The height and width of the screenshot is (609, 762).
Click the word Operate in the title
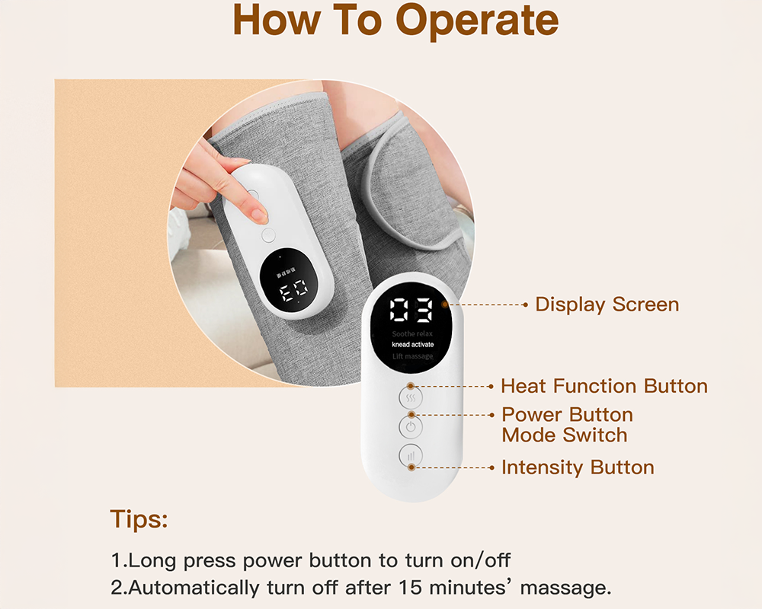tap(477, 23)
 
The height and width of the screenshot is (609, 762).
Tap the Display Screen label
tap(607, 304)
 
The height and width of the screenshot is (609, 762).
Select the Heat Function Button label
tap(604, 386)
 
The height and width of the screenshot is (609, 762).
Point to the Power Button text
tap(567, 415)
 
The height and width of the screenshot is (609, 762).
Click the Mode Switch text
tap(564, 435)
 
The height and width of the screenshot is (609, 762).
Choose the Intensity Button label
tap(577, 467)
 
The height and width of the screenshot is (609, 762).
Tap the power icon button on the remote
tap(411, 426)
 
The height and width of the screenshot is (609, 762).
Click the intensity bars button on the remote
tap(411, 457)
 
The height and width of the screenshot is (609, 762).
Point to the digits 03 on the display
tap(411, 311)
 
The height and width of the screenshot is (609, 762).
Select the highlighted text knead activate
tap(412, 345)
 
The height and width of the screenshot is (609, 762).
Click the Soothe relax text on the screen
tap(412, 333)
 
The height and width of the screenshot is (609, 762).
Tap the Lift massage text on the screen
tap(412, 356)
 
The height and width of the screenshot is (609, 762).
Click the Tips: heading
tap(139, 520)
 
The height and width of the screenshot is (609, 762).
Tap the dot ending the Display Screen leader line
tap(525, 304)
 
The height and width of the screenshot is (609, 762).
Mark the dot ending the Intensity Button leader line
tap(491, 467)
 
